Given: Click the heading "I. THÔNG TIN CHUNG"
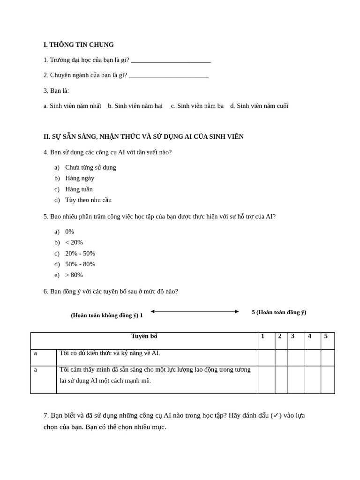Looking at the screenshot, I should tap(78, 45).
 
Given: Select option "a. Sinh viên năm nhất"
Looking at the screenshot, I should tap(72, 106).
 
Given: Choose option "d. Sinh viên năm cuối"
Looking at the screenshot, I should tap(259, 106).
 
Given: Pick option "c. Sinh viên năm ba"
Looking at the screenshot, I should tap(197, 106).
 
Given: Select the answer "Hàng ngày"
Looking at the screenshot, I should tap(80, 178).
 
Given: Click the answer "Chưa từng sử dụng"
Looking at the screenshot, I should tap(90, 167).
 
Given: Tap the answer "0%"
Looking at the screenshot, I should tap(69, 232).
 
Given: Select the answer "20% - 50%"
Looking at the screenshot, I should tap(80, 254).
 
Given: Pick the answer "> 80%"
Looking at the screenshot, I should tap(74, 275).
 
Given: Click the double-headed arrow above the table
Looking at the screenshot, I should tap(195, 311).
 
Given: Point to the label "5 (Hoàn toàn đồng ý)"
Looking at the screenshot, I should tap(279, 312).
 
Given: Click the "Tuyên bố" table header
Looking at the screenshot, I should tap(144, 336).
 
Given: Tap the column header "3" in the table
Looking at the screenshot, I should tap(292, 336).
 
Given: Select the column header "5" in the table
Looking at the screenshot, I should tap(326, 336).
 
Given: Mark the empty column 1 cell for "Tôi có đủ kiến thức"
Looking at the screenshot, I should tap(266, 357).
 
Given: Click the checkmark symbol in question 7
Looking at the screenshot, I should tap(276, 415).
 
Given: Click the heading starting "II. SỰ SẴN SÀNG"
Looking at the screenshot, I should tap(143, 137).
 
